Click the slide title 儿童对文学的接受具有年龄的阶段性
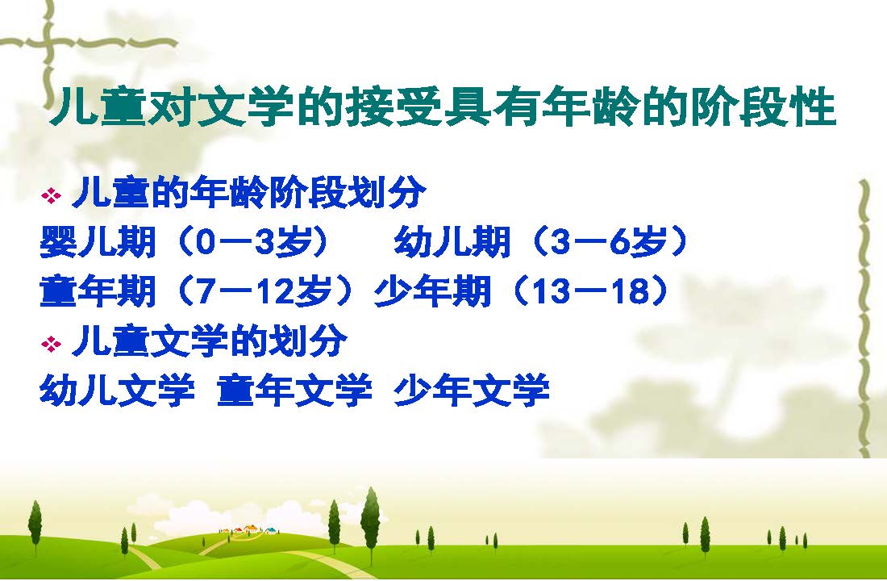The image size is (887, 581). coord(443,107)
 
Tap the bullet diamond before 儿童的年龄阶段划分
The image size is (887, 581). coord(51,196)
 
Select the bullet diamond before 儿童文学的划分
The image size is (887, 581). coord(51,344)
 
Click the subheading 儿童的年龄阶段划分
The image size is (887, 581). coord(249,193)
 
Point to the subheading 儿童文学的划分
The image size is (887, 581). coord(210,341)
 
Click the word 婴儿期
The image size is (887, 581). coord(98,242)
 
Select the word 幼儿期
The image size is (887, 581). coord(452,242)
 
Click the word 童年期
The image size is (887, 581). coord(98,291)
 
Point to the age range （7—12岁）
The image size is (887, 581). coord(263,291)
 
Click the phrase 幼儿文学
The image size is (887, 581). coord(117,391)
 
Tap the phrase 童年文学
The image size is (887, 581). coord(294,391)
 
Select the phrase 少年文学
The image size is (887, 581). coord(472,391)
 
